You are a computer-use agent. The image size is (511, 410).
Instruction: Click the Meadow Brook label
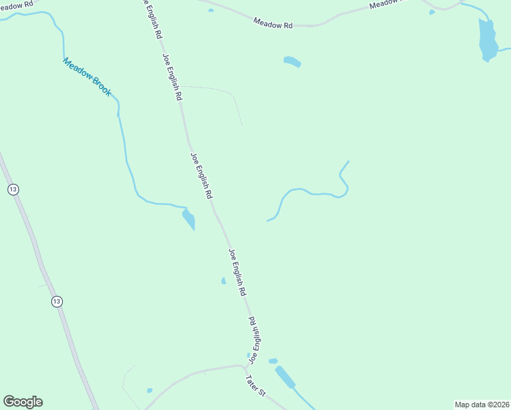pos(87,76)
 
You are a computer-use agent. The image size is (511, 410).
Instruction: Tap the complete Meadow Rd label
pos(273,23)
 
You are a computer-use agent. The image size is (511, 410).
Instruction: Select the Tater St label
pos(255,382)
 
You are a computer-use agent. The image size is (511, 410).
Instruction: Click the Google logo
pos(23,402)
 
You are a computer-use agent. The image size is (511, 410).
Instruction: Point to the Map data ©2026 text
pos(482,405)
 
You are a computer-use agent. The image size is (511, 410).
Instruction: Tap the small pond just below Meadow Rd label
pos(292,61)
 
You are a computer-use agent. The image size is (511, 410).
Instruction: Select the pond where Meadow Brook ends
pos(189,219)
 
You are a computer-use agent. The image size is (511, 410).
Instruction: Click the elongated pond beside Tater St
pos(284,377)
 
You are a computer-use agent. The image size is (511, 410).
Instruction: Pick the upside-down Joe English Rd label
pos(255,340)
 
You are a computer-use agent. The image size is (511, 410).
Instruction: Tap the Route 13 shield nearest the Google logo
pos(57,301)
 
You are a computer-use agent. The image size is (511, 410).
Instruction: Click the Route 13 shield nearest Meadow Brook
pos(12,189)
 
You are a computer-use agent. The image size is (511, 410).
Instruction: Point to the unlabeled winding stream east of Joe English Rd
pos(311,192)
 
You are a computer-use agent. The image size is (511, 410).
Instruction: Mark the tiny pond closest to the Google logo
pos(150,391)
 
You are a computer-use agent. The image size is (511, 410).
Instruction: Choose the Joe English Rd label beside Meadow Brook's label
pos(171,77)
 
